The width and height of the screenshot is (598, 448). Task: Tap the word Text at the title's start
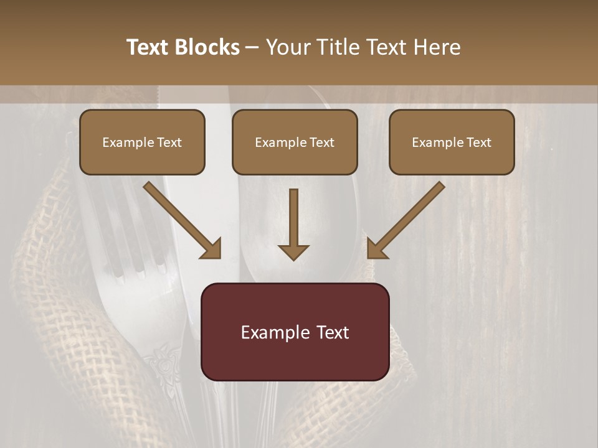(149, 47)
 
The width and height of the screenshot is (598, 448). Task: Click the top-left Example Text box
(142, 142)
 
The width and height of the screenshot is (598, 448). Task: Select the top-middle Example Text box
(295, 142)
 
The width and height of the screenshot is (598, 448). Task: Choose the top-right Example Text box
(452, 142)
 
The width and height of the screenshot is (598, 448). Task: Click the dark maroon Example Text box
(295, 332)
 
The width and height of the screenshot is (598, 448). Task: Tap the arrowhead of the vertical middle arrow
(293, 251)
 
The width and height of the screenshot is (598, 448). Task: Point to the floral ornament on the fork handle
(161, 367)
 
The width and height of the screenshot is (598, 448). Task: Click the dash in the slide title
(252, 47)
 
